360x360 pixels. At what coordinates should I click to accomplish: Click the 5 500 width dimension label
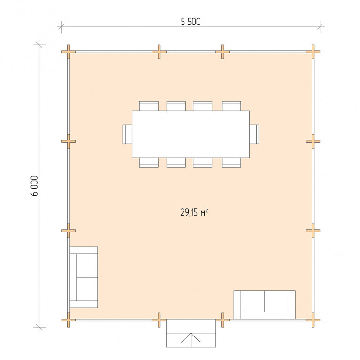(191, 22)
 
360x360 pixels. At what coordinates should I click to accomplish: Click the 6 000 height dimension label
(34, 186)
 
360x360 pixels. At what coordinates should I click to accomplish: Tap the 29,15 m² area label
(194, 212)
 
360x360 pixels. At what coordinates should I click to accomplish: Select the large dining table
(191, 134)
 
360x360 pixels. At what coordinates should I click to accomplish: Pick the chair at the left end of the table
(128, 134)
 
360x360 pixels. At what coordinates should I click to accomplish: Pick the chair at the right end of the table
(255, 134)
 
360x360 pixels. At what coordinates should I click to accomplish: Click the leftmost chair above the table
(149, 106)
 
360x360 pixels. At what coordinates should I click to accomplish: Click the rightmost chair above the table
(232, 106)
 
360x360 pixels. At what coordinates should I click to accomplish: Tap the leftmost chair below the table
(149, 162)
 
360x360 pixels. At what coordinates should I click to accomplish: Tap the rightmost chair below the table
(232, 162)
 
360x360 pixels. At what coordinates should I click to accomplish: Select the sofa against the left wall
(84, 277)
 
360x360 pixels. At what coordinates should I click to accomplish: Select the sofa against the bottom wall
(264, 304)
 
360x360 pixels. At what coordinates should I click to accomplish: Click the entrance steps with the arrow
(191, 333)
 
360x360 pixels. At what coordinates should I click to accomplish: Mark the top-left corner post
(68, 52)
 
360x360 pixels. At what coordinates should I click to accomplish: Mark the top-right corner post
(313, 52)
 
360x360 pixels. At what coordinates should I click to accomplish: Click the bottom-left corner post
(68, 320)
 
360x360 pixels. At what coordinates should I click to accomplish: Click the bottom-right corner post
(313, 320)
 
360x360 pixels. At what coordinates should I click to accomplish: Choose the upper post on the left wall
(68, 141)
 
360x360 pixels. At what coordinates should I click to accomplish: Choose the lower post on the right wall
(313, 231)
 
